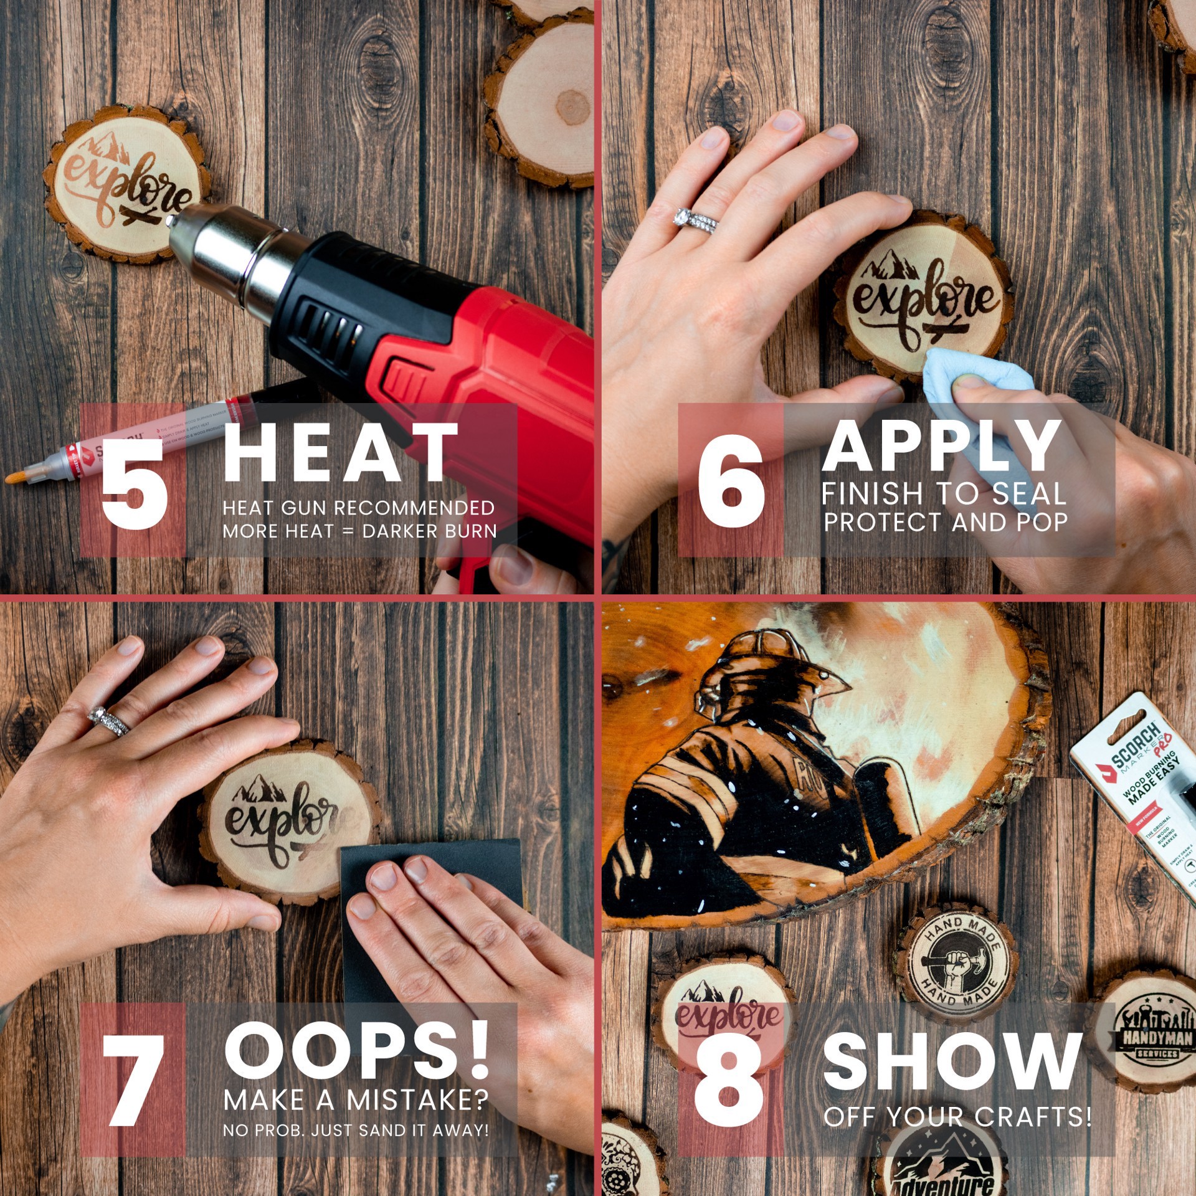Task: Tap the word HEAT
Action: click(x=339, y=453)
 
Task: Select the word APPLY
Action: click(x=942, y=447)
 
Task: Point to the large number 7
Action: click(x=133, y=1081)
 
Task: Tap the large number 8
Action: click(x=728, y=1081)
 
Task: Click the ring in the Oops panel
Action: click(x=109, y=721)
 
